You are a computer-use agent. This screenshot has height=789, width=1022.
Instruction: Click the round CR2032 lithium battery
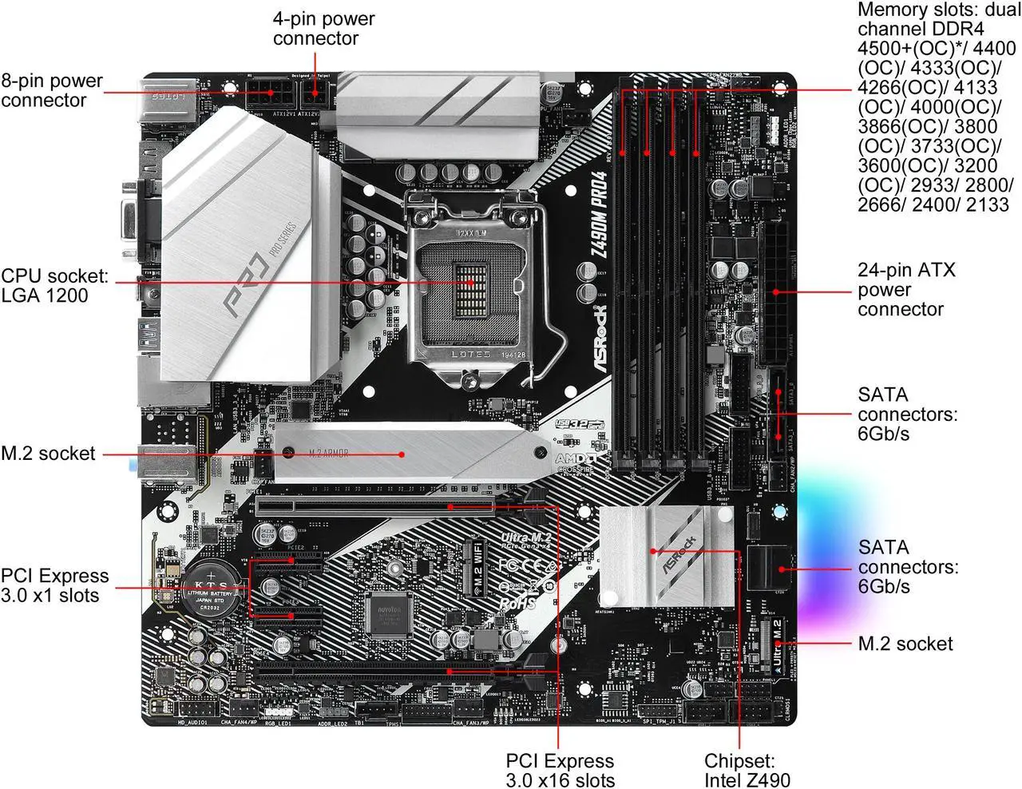[213, 589]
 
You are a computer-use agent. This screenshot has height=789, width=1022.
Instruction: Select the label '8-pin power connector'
[52, 90]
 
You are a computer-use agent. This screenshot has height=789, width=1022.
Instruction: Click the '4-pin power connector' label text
[323, 28]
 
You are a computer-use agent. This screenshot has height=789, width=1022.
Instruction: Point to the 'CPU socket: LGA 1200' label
[54, 286]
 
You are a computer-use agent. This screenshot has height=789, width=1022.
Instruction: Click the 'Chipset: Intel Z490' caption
[747, 771]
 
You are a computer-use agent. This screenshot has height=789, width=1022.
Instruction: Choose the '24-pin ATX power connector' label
[906, 289]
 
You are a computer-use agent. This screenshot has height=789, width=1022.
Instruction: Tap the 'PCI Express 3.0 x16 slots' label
[561, 771]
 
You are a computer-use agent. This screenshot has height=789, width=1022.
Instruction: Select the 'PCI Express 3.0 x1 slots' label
[54, 585]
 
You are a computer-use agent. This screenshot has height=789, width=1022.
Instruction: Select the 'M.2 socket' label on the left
[48, 454]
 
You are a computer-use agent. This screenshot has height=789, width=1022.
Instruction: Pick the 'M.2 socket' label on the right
[905, 644]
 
